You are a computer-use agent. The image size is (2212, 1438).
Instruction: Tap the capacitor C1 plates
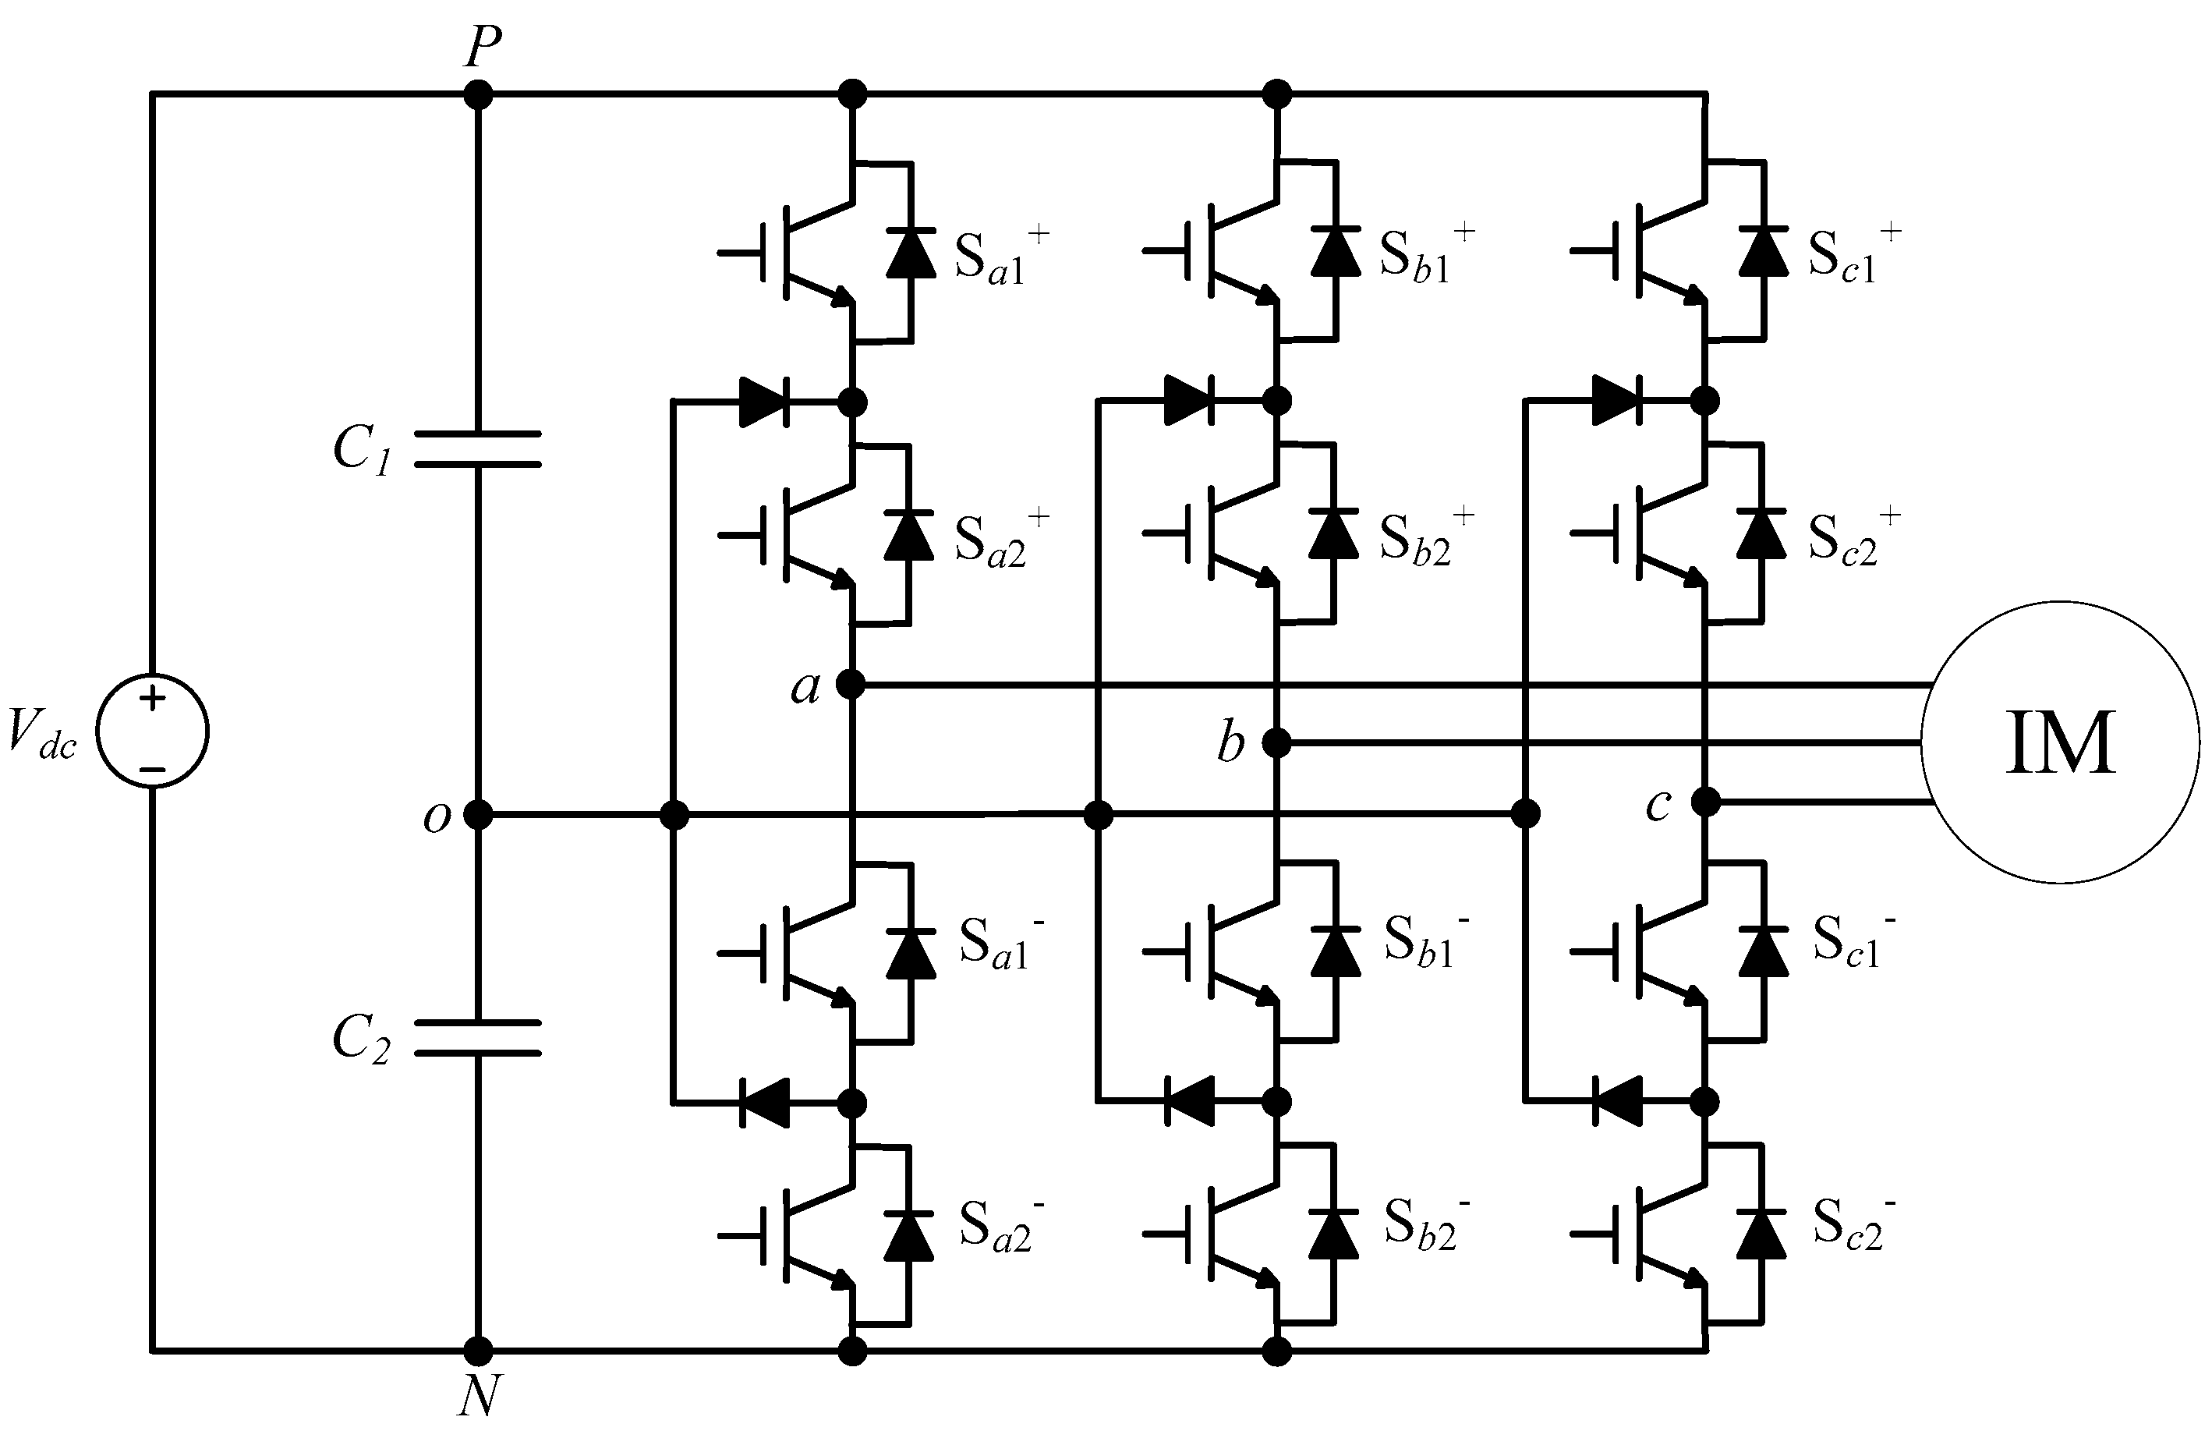click(477, 448)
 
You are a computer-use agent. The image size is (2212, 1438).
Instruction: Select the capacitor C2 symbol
click(477, 1037)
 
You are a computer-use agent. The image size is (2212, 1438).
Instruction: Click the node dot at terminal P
click(478, 94)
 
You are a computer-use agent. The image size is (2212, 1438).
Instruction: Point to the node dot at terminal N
click(478, 1351)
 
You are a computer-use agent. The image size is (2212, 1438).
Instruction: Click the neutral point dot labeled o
click(478, 815)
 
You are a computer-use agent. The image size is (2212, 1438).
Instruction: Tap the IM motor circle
click(2060, 742)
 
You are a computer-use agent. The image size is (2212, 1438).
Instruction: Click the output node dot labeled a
click(851, 685)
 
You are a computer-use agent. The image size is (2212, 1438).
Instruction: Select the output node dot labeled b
click(1278, 742)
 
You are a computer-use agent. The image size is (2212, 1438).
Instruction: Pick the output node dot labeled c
click(1705, 801)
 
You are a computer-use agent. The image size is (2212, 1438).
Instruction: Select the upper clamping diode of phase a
click(764, 402)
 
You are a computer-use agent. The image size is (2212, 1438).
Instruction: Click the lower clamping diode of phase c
click(1617, 1103)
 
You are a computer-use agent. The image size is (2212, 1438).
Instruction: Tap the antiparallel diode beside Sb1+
click(1336, 251)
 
